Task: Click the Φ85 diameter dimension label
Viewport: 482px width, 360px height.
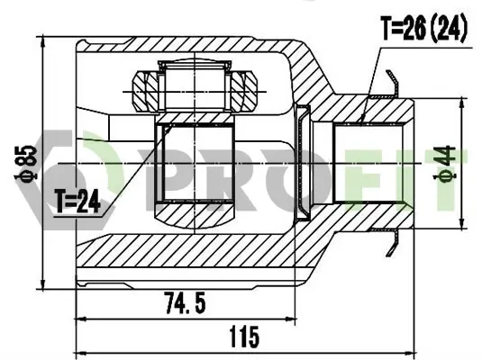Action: tap(26, 163)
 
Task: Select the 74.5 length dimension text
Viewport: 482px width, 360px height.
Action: tap(185, 303)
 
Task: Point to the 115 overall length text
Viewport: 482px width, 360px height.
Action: tap(244, 337)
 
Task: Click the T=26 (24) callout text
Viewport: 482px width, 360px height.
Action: tap(424, 28)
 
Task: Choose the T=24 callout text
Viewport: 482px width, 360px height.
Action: tap(77, 202)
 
